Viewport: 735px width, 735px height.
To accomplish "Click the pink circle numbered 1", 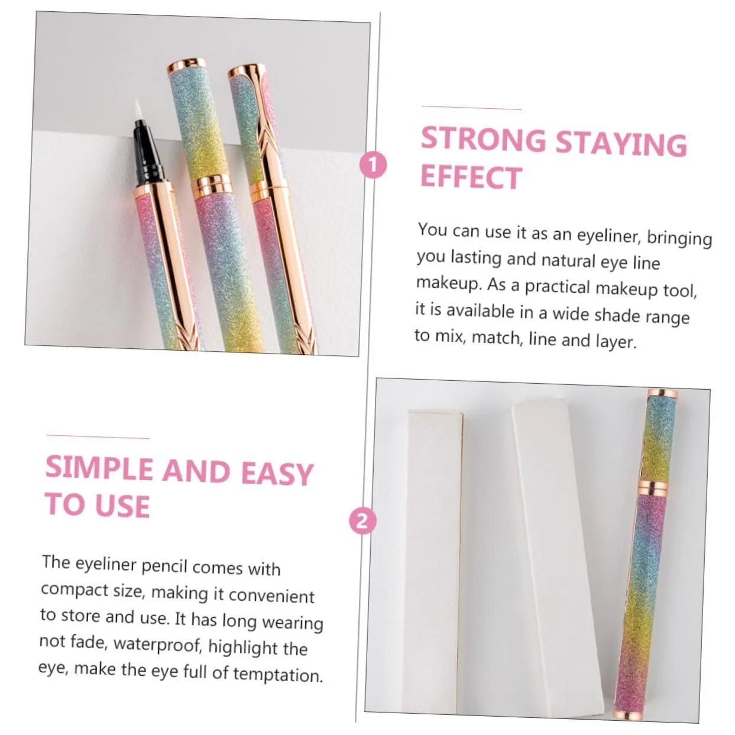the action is pos(373,165).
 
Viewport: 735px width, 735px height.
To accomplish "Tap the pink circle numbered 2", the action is pos(362,521).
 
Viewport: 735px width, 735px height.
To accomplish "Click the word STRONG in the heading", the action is pos(484,140).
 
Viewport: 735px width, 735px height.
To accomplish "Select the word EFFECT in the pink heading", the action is pos(471,177).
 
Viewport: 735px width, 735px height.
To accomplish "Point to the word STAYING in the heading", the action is pos(621,144).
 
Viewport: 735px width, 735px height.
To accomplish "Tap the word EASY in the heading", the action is pos(277,474).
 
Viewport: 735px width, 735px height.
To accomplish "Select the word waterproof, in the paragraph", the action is pos(157,645).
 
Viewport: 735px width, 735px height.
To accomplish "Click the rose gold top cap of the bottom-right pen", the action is pos(662,394).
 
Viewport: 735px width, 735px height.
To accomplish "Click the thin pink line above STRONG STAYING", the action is pos(471,108).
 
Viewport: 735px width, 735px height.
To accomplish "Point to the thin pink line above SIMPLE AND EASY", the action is pos(98,437).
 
